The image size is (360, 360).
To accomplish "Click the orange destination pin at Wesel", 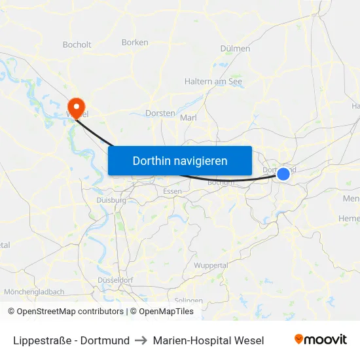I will (x=77, y=107).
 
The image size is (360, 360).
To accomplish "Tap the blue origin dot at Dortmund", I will (x=283, y=173).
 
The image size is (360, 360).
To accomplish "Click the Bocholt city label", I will (x=77, y=45).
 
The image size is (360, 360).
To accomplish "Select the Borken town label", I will (x=135, y=43).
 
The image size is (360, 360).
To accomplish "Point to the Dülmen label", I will (x=236, y=48).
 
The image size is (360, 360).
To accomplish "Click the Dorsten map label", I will (x=160, y=113).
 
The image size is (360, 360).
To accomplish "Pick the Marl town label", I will (x=188, y=118).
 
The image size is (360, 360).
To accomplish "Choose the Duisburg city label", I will (x=111, y=200).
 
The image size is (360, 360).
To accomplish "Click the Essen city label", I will (x=173, y=191).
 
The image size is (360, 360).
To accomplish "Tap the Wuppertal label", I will (x=211, y=266).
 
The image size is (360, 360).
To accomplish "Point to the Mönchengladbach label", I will (x=34, y=292).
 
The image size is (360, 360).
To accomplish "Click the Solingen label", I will (x=189, y=300).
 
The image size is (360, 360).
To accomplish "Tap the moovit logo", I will (x=320, y=339).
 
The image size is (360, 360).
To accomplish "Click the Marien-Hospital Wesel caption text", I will (x=208, y=340).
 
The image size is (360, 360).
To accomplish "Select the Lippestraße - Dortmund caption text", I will (x=71, y=340).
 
